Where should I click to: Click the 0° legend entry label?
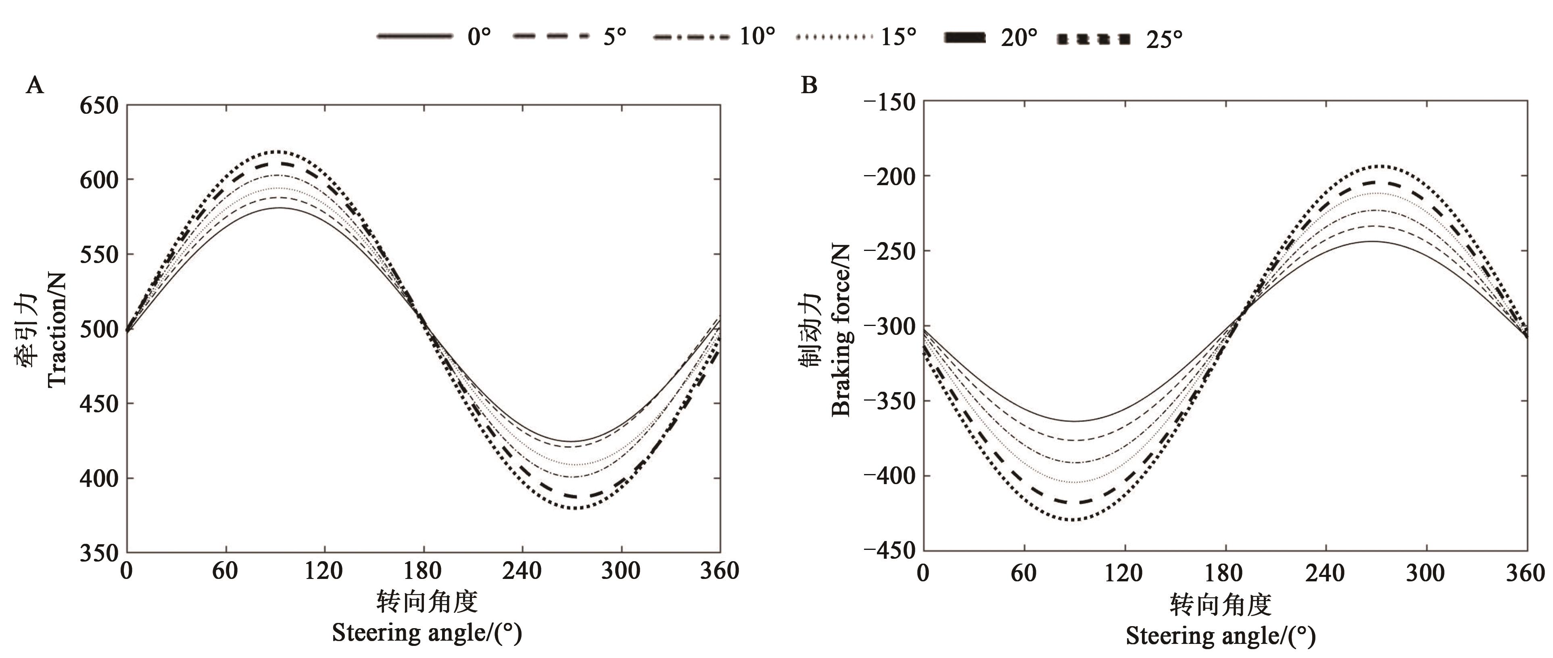(479, 38)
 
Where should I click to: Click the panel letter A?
(35, 86)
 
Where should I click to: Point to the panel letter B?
(808, 86)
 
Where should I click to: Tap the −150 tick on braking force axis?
(889, 102)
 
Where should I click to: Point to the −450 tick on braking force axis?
(889, 550)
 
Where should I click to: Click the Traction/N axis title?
(56, 329)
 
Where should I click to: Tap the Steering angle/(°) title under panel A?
(427, 633)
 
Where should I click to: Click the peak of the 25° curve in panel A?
(276, 151)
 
